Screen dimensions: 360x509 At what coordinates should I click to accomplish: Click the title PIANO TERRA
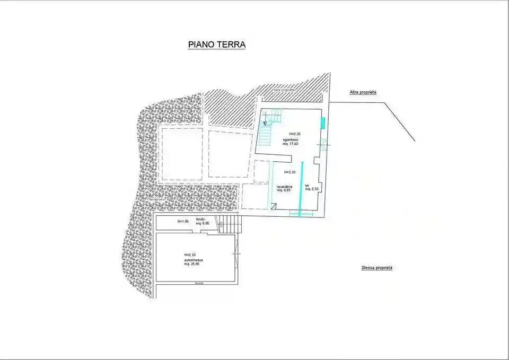pyautogui.click(x=217, y=45)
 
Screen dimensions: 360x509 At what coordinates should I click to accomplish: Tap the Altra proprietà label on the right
pyautogui.click(x=363, y=92)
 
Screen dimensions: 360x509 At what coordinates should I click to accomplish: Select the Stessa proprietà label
pyautogui.click(x=376, y=268)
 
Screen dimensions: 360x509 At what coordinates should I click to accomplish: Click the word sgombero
pyautogui.click(x=292, y=139)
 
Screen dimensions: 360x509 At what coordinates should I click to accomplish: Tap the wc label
pyautogui.click(x=307, y=185)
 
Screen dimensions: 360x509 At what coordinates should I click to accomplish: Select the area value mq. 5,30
pyautogui.click(x=312, y=189)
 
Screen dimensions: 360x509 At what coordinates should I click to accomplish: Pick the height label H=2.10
pyautogui.click(x=190, y=255)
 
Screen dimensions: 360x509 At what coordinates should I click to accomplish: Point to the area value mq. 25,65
pyautogui.click(x=191, y=264)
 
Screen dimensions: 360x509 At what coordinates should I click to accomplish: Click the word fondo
pyautogui.click(x=200, y=219)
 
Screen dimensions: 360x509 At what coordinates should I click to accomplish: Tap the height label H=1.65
pyautogui.click(x=183, y=221)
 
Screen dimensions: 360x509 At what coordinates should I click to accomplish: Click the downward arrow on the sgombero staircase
pyautogui.click(x=265, y=120)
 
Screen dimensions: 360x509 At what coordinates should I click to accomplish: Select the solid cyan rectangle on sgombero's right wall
pyautogui.click(x=322, y=123)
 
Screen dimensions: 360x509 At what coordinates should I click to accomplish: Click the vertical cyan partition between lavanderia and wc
pyautogui.click(x=302, y=188)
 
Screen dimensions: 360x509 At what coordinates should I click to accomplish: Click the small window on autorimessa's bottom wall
pyautogui.click(x=199, y=284)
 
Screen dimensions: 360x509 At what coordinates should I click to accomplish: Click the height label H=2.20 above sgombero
pyautogui.click(x=295, y=134)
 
